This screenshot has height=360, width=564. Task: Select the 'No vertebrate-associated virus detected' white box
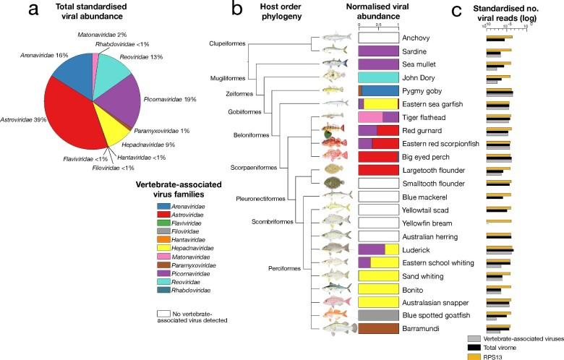[x=163, y=315]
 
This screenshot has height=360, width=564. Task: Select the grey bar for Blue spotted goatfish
[x=379, y=315]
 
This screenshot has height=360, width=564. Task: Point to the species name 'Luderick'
[x=416, y=249]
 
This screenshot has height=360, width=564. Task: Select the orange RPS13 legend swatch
[x=474, y=356]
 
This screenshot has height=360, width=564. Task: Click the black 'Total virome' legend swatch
[x=474, y=347]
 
